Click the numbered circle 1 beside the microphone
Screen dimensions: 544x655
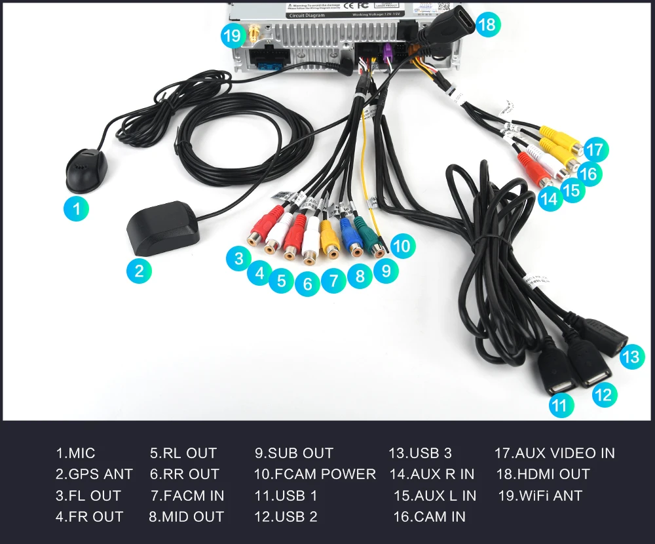click(x=77, y=209)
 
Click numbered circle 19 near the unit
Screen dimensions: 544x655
click(x=233, y=35)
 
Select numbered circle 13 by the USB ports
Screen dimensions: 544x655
click(x=631, y=357)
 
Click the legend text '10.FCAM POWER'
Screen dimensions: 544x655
click(x=314, y=474)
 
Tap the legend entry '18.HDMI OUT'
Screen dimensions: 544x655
click(x=543, y=474)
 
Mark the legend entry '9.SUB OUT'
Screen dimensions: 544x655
click(x=294, y=453)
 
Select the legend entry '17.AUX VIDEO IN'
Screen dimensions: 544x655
click(x=554, y=453)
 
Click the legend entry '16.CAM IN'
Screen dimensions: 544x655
click(x=429, y=516)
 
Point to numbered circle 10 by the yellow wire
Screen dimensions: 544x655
click(x=402, y=246)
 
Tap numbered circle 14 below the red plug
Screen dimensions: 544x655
click(x=550, y=198)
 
